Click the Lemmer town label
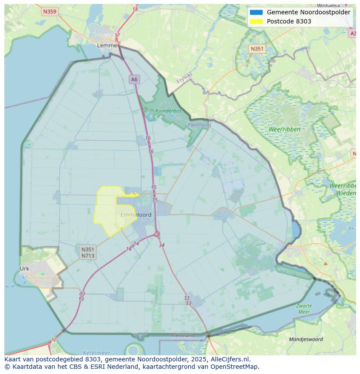click(108, 45)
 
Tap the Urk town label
click(24, 268)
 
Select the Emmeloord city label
click(136, 215)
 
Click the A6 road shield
click(134, 79)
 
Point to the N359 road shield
click(50, 12)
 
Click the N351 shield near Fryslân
click(257, 49)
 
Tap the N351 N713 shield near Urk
click(87, 252)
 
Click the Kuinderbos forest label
click(168, 111)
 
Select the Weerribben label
click(284, 129)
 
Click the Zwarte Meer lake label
click(304, 309)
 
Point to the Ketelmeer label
click(96, 353)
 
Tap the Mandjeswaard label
click(306, 339)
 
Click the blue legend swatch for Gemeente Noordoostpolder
click(256, 12)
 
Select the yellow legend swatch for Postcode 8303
click(256, 21)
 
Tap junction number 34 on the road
click(162, 245)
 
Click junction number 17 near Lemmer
click(117, 36)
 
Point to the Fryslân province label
click(184, 78)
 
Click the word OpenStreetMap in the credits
click(235, 366)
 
